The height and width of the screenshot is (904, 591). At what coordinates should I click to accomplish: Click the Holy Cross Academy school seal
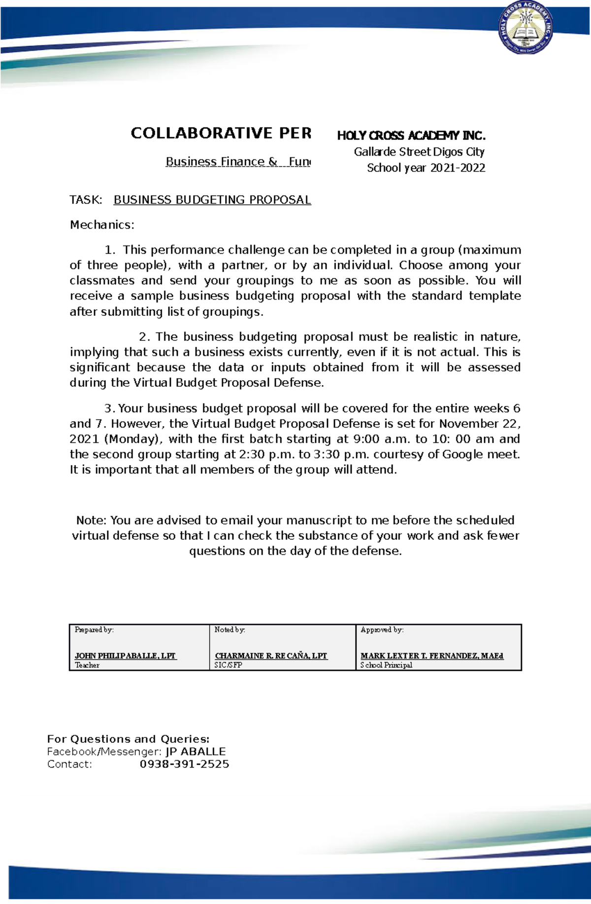click(526, 28)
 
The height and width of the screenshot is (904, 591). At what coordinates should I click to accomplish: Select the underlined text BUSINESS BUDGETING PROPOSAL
click(212, 200)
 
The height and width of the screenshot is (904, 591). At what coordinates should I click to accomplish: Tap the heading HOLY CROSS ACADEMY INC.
click(411, 135)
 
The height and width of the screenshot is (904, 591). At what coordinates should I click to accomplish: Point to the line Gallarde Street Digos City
click(419, 152)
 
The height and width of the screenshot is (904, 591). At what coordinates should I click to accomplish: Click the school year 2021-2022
click(458, 168)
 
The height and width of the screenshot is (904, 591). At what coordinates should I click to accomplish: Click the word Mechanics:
click(102, 225)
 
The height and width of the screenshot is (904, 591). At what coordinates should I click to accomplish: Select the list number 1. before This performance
click(110, 250)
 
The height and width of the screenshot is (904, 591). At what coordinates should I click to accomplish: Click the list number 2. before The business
click(144, 337)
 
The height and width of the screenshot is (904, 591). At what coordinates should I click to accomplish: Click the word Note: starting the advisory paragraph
click(91, 520)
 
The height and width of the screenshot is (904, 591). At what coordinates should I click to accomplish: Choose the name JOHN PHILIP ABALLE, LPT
click(125, 656)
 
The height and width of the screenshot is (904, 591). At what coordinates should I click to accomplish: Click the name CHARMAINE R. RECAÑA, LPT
click(271, 656)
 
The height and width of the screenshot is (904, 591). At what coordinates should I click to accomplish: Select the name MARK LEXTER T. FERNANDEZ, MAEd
click(432, 656)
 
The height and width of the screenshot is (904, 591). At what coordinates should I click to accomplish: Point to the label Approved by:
click(382, 630)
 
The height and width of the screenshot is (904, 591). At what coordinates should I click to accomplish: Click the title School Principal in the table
click(386, 665)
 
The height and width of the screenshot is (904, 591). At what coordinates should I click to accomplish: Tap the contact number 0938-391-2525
click(184, 764)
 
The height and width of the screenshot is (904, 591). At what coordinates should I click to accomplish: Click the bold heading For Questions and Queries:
click(128, 739)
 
